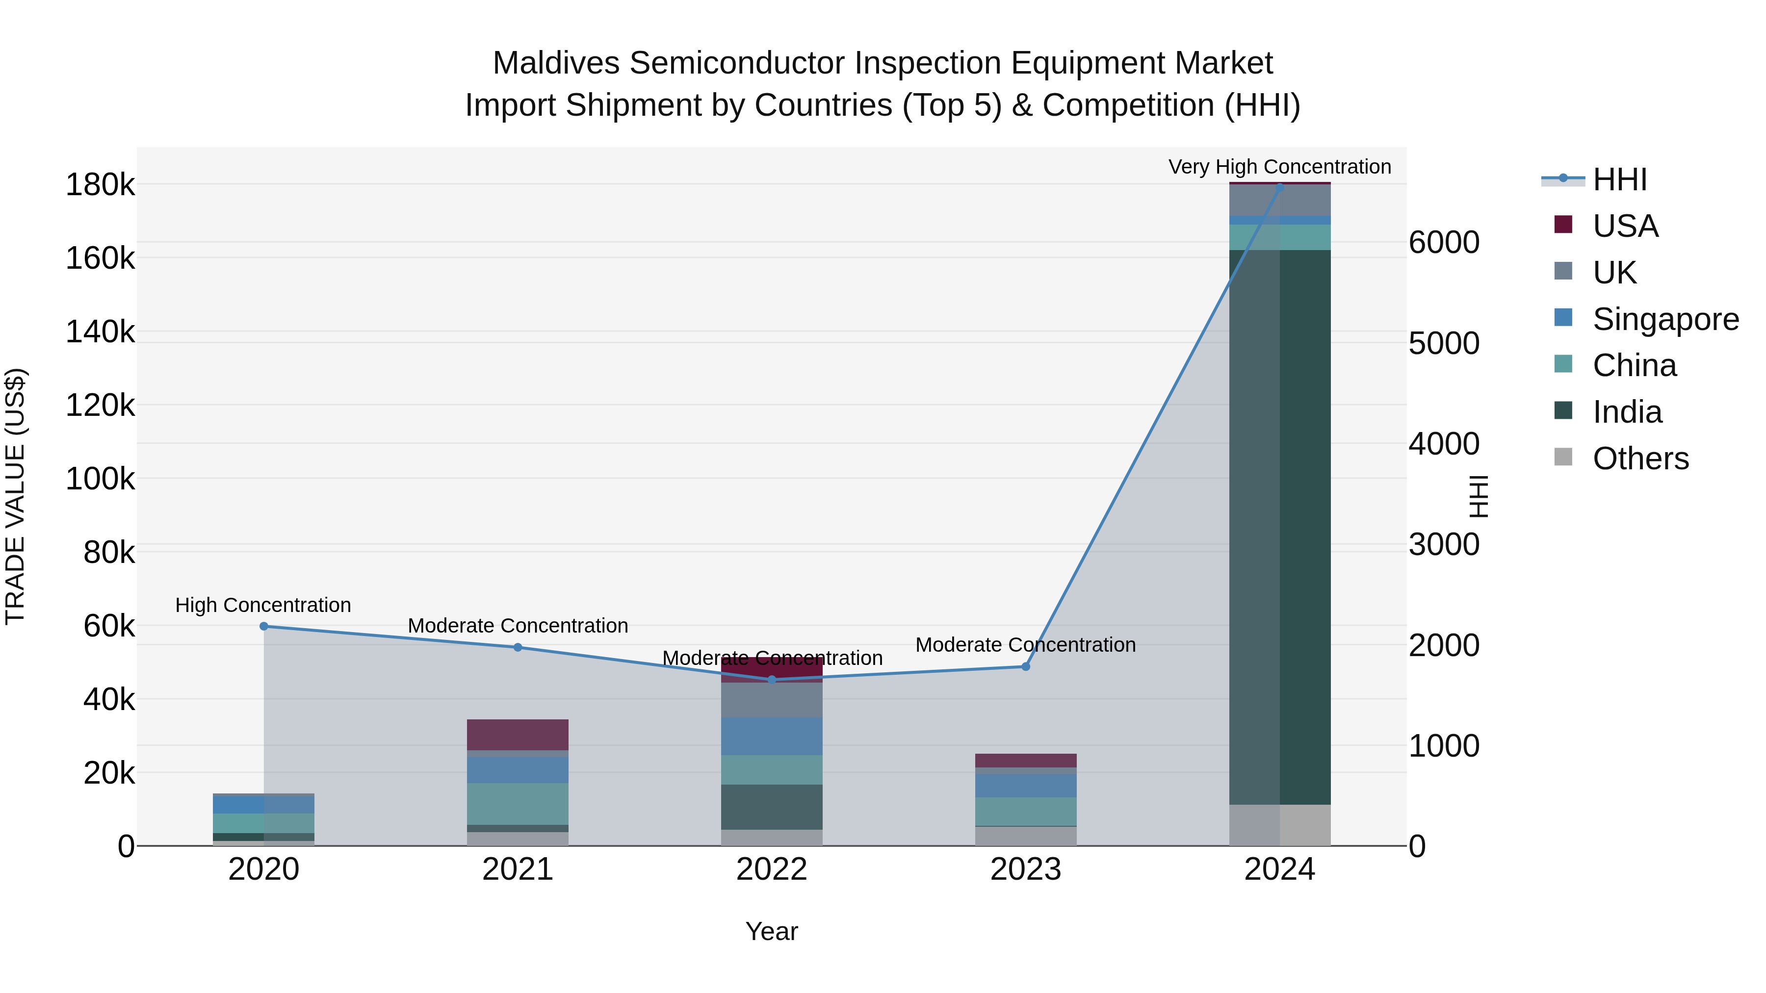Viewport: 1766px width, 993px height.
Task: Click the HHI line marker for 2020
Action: (x=264, y=626)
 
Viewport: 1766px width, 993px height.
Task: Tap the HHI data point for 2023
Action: (x=1026, y=667)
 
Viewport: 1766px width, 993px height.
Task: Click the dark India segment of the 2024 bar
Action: (x=1279, y=528)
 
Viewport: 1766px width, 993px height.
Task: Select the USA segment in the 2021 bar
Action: (x=518, y=735)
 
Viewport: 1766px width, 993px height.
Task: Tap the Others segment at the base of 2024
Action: (x=1279, y=825)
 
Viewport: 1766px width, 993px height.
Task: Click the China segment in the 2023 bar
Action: (x=1026, y=812)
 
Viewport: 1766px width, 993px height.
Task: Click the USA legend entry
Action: (x=1625, y=226)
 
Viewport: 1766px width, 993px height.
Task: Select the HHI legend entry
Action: (x=1619, y=179)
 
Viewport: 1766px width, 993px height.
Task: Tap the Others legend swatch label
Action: (x=1640, y=458)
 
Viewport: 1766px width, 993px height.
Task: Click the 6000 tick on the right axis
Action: (x=1444, y=243)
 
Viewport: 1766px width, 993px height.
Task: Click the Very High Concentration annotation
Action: (x=1279, y=167)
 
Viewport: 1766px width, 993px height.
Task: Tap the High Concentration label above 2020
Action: (x=263, y=605)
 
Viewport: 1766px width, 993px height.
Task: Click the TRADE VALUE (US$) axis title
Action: (x=15, y=496)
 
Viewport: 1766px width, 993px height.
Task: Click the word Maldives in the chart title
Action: (x=556, y=63)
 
